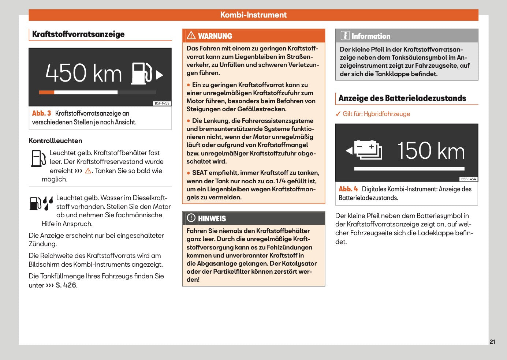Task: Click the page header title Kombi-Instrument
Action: pyautogui.click(x=253, y=15)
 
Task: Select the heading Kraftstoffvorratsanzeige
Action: pyautogui.click(x=78, y=34)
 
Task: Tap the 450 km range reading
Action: pyautogui.click(x=84, y=73)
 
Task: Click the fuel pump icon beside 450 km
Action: pyautogui.click(x=142, y=74)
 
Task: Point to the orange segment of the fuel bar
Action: pyautogui.click(x=46, y=93)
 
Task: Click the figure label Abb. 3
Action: pyautogui.click(x=41, y=113)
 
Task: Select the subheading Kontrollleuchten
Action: pyautogui.click(x=55, y=141)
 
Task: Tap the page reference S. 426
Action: pyautogui.click(x=66, y=285)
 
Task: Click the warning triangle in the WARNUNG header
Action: pyautogui.click(x=191, y=35)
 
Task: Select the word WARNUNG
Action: pyautogui.click(x=215, y=36)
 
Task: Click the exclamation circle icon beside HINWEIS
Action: pyautogui.click(x=191, y=218)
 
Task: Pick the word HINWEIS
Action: pyautogui.click(x=212, y=219)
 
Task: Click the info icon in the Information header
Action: pyautogui.click(x=345, y=35)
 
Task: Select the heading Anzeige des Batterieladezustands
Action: pyautogui.click(x=402, y=98)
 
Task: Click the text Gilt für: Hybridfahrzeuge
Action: pyautogui.click(x=376, y=114)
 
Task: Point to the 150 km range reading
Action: pyautogui.click(x=431, y=150)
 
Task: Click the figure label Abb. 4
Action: pyautogui.click(x=348, y=189)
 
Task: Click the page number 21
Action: pyautogui.click(x=492, y=342)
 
